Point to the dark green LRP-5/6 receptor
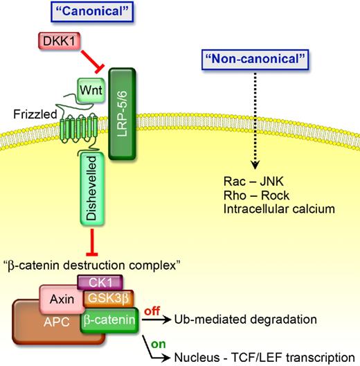click(x=144, y=121)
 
